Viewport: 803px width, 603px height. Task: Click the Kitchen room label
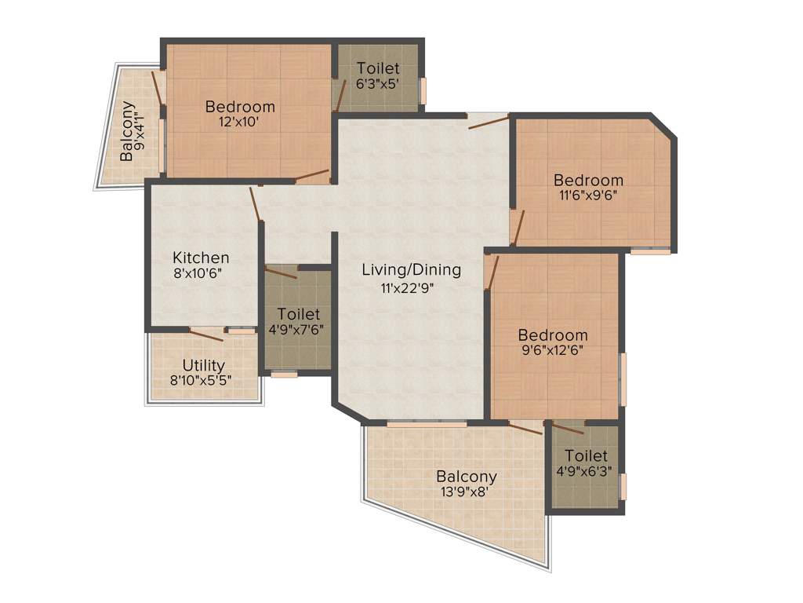[201, 258]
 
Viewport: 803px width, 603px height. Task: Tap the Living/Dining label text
[411, 270]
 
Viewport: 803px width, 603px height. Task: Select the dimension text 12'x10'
[240, 122]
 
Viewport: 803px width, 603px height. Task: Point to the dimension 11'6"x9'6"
[588, 196]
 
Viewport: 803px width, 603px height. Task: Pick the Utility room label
[204, 365]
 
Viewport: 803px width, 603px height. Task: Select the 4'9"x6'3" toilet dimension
[586, 471]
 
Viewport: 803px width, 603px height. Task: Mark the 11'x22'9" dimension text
[408, 287]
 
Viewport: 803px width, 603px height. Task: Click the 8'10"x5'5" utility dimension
[204, 381]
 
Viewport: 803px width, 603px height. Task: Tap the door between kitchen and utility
[206, 335]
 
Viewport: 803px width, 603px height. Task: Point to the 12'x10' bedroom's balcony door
[158, 87]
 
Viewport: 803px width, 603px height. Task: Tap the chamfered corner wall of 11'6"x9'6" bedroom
[664, 127]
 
